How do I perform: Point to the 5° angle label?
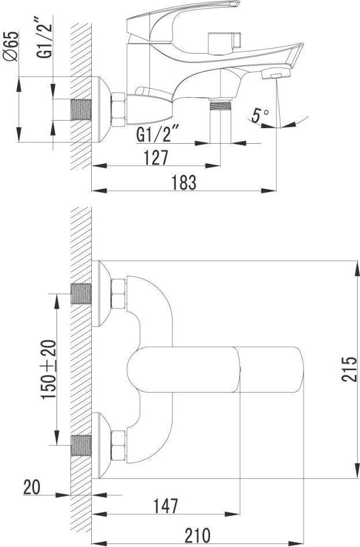point(260,115)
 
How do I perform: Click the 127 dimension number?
point(156,158)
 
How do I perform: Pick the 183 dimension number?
point(184,183)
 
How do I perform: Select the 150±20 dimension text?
point(49,370)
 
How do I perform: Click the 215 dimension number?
point(350,369)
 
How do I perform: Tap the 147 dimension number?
point(166,506)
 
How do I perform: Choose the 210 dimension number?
point(197,535)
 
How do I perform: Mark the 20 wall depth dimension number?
point(32,487)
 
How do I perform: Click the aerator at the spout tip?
point(276,73)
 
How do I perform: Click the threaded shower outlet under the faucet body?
point(220,105)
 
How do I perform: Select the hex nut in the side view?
point(119,110)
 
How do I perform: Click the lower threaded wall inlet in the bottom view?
point(81,445)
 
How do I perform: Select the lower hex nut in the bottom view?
point(119,445)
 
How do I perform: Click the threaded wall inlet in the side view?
point(81,110)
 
